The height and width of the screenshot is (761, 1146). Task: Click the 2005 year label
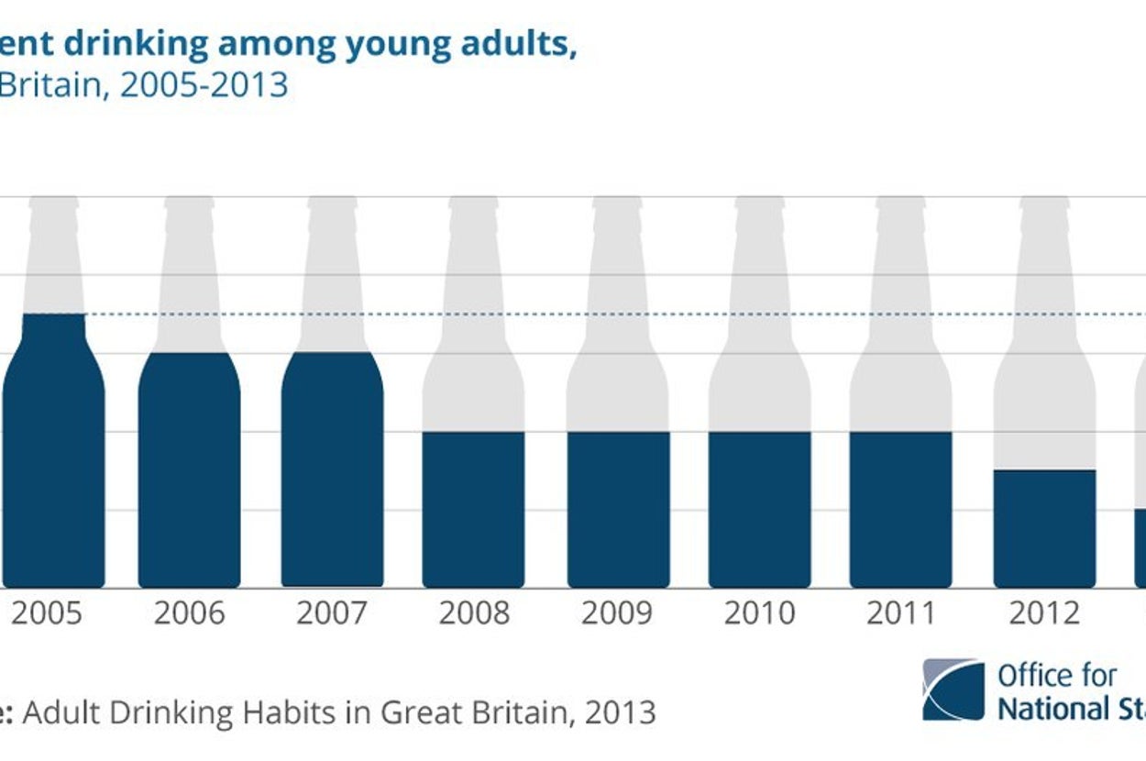click(47, 613)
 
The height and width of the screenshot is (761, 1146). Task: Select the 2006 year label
click(189, 613)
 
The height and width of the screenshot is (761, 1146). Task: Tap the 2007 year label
click(332, 613)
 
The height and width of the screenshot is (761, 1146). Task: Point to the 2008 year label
click(473, 613)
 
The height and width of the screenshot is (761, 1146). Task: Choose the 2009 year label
click(617, 613)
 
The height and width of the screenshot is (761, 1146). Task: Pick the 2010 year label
click(759, 613)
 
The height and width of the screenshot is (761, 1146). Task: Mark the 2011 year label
click(901, 613)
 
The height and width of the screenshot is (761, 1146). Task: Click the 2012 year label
click(1044, 613)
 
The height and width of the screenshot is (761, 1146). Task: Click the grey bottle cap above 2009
click(617, 205)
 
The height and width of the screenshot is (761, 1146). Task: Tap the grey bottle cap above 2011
click(901, 205)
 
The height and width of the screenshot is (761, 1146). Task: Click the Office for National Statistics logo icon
click(953, 689)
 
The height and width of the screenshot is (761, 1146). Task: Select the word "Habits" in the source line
click(291, 711)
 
